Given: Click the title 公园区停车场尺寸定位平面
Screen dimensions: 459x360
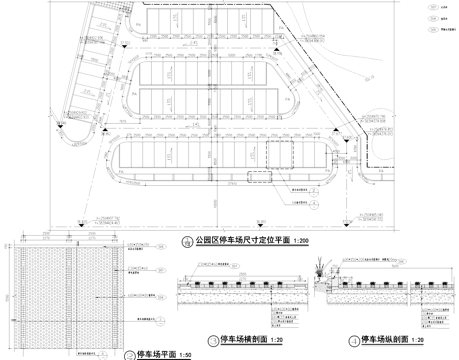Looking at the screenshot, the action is click(239, 242).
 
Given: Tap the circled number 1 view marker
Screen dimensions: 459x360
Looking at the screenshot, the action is click(186, 242).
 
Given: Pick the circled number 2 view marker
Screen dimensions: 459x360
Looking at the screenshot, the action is click(128, 355).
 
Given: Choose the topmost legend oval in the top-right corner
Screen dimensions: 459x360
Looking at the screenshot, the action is click(418, 5).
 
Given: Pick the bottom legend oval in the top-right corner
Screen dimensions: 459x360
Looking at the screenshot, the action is click(418, 31).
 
